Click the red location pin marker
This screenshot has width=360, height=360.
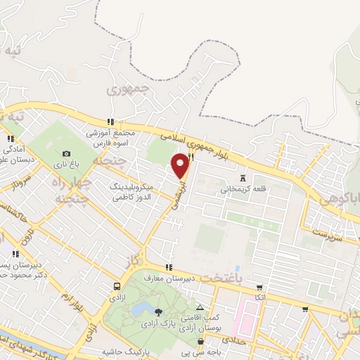click(181, 165)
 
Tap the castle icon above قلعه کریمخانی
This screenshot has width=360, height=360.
click(243, 179)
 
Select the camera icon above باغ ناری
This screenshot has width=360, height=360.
click(66, 153)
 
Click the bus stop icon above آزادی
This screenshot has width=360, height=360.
click(116, 287)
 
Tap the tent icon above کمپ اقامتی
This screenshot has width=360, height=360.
click(200, 307)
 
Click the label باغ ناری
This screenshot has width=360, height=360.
click(67, 164)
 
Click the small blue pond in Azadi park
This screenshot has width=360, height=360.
click(140, 309)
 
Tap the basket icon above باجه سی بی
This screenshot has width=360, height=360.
click(184, 344)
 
